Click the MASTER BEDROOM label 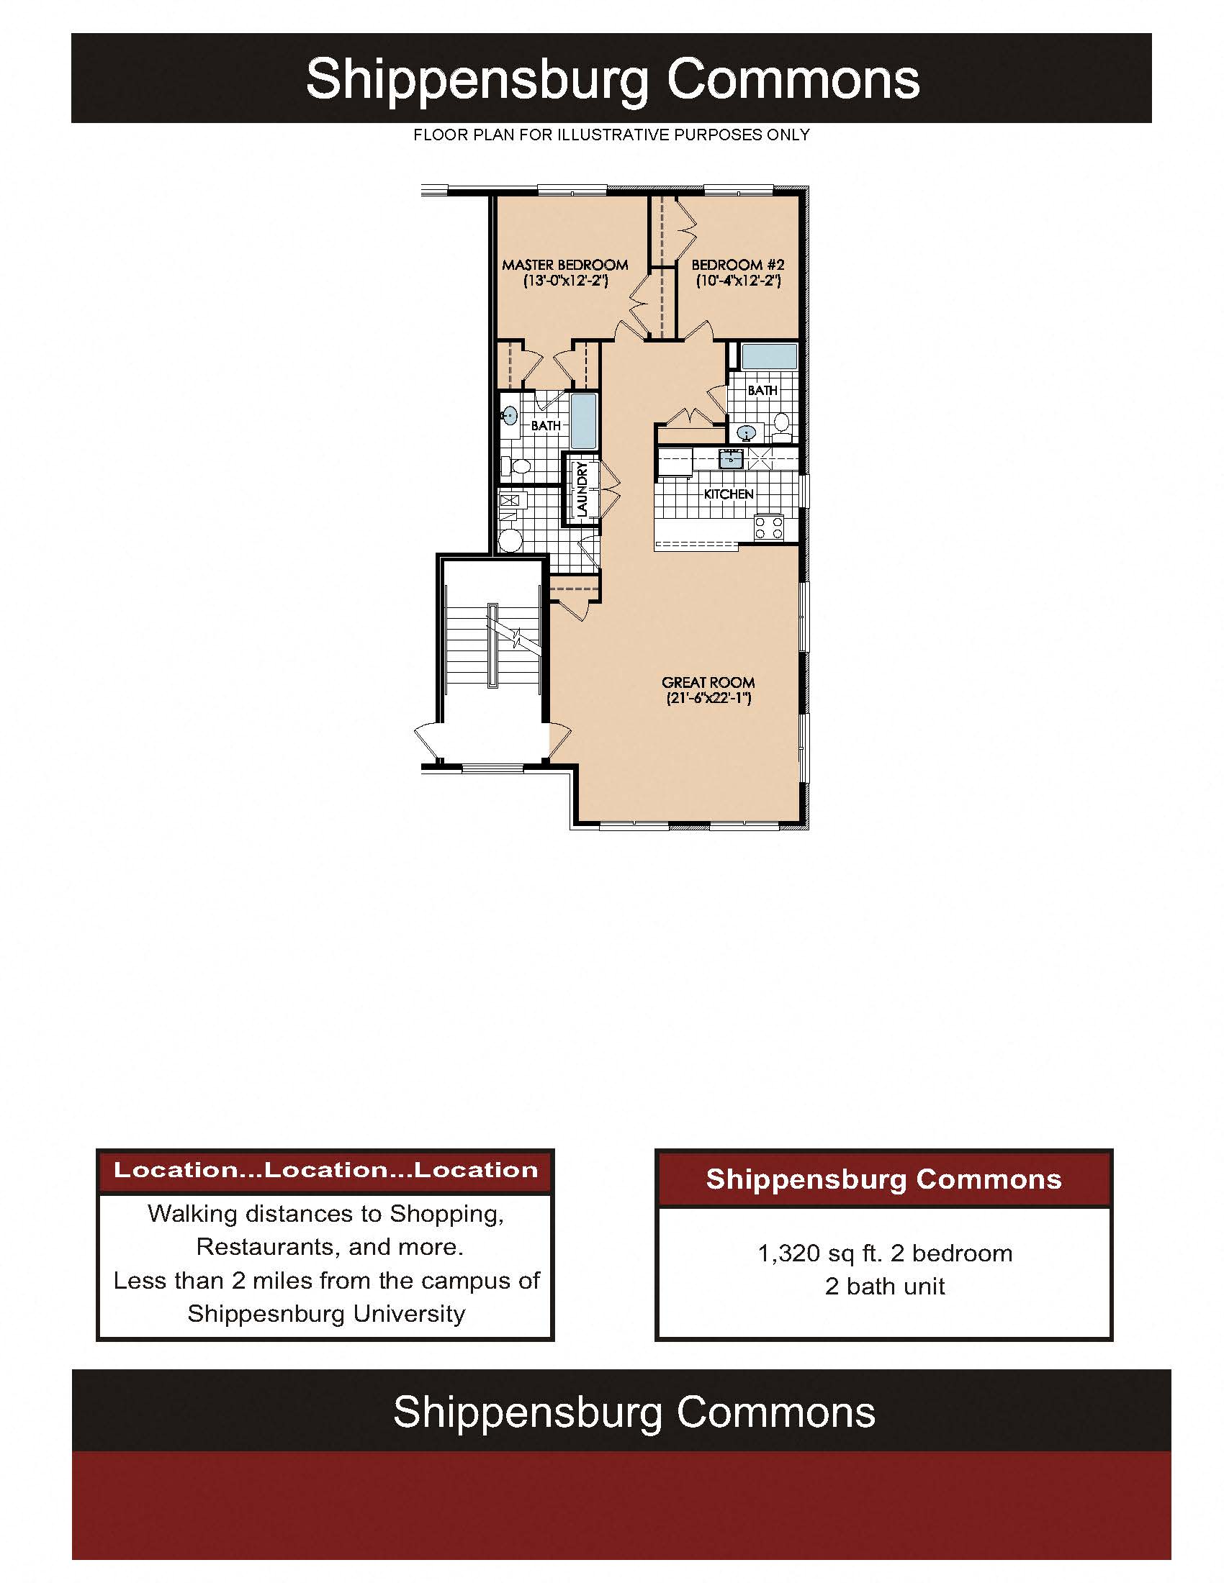[565, 265]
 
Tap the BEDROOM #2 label [737, 265]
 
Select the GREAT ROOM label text [708, 682]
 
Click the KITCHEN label [728, 494]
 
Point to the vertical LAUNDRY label [582, 489]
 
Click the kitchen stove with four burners [769, 527]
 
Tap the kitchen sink [730, 458]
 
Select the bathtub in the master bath [584, 421]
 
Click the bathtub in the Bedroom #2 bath [770, 357]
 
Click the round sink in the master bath [510, 415]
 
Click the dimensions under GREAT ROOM [708, 699]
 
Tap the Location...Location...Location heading [325, 1169]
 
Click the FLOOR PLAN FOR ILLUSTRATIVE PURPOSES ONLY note [611, 135]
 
